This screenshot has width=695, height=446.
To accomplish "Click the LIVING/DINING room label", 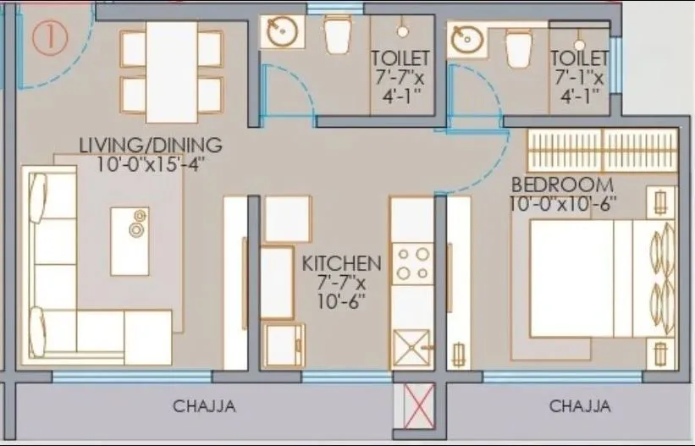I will coord(150,144).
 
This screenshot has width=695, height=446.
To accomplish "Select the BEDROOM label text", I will coord(561,185).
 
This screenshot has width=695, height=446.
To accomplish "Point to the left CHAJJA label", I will coord(203,406).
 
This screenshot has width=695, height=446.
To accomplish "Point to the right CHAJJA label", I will coord(580,406).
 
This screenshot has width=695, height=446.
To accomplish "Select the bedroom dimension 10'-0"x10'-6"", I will coord(563,204).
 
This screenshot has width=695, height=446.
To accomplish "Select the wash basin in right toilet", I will coord(467,39).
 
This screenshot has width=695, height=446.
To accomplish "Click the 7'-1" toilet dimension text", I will coord(579,76).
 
